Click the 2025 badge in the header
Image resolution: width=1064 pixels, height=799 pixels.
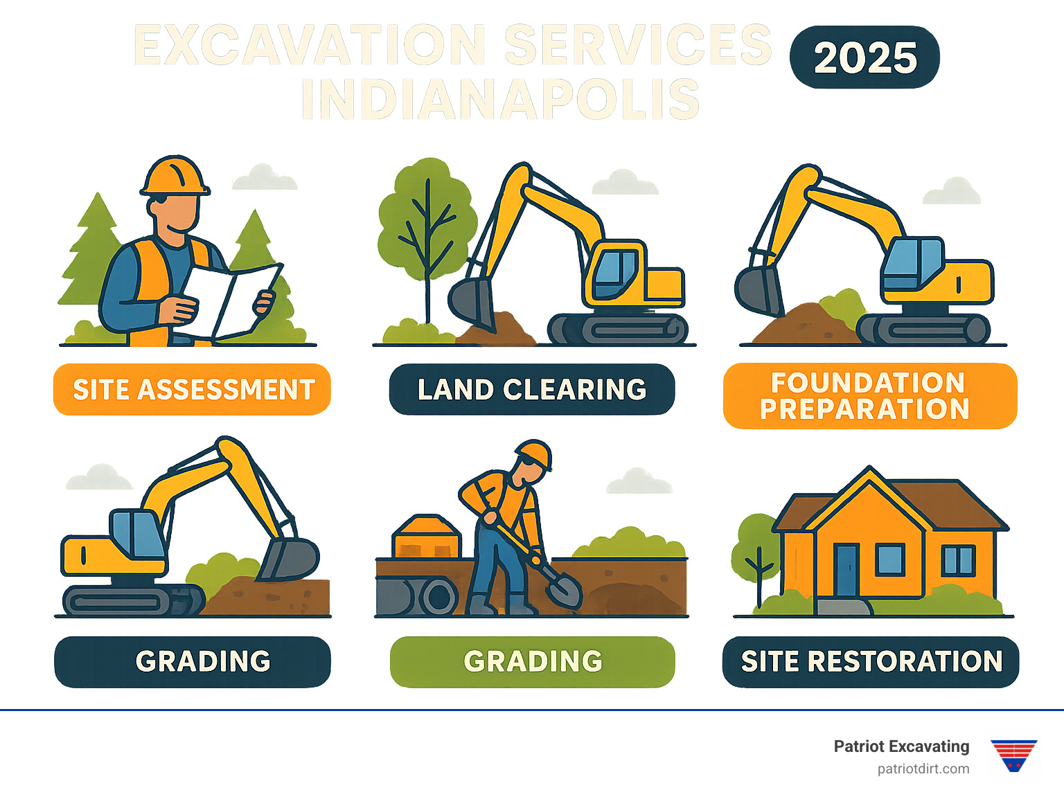(864, 57)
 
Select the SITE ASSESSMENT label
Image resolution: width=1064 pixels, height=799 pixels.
(192, 389)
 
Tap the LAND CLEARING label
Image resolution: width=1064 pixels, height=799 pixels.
(532, 389)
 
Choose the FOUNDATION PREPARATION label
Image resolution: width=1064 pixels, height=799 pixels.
(870, 395)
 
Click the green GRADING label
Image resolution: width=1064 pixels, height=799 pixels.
(532, 661)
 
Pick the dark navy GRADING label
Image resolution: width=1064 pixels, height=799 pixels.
(193, 661)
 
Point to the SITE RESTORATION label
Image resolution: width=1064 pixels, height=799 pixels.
(871, 661)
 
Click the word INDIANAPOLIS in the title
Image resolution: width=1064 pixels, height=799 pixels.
(500, 99)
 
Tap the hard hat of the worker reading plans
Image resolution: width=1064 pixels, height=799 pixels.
(175, 175)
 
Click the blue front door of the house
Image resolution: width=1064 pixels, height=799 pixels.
(846, 570)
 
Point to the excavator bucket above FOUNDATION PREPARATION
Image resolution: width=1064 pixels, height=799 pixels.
(759, 291)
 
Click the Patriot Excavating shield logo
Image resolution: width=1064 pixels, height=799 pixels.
(1013, 755)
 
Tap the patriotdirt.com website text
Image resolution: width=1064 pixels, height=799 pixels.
(923, 769)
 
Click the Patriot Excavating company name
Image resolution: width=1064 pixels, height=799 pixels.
(901, 746)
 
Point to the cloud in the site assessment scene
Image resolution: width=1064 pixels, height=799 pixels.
(265, 177)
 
